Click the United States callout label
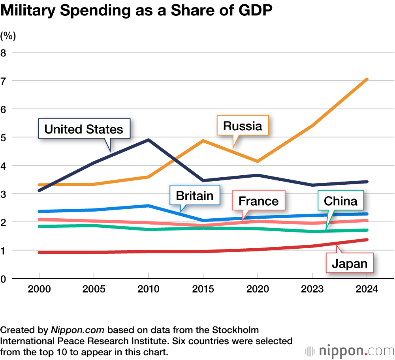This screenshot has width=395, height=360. (84, 129)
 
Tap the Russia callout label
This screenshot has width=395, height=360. (243, 126)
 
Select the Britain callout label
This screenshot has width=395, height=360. (194, 195)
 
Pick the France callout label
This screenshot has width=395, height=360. (259, 201)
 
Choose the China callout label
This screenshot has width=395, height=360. (340, 201)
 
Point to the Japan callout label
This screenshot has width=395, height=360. (349, 263)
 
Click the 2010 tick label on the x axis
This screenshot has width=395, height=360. (148, 289)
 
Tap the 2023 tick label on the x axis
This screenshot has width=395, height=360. (312, 289)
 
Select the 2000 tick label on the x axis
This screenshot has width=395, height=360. (39, 289)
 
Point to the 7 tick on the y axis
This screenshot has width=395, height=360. (4, 81)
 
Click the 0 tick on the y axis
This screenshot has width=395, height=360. (4, 279)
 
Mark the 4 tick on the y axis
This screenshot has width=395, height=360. (4, 165)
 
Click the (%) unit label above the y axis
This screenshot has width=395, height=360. (8, 36)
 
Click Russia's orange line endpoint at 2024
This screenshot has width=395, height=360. (367, 79)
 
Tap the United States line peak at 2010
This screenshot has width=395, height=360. (148, 140)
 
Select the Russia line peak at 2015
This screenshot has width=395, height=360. (203, 141)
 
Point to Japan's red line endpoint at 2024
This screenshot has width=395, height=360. (367, 240)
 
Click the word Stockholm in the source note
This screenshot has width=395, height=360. (231, 330)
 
